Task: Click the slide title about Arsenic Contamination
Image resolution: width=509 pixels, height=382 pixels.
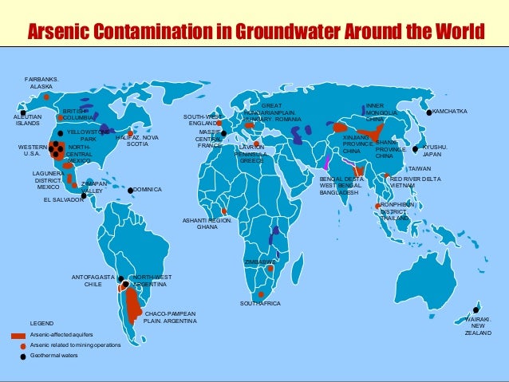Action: [255, 32]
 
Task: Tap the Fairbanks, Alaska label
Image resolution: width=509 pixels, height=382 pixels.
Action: [41, 82]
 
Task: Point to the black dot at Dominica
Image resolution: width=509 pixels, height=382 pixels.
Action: [130, 190]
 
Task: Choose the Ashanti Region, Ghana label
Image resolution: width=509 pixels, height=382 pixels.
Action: [207, 223]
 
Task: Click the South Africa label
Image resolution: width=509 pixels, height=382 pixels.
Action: [260, 304]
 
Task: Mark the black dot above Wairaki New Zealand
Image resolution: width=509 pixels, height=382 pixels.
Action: [476, 309]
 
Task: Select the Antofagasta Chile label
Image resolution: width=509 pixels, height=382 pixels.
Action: [93, 280]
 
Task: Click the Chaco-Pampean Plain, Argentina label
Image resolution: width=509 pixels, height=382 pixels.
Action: [168, 317]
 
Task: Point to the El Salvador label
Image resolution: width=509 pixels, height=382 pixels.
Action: [62, 200]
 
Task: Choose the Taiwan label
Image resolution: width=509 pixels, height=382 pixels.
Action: [420, 169]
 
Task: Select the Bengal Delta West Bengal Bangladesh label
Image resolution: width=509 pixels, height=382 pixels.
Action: [342, 186]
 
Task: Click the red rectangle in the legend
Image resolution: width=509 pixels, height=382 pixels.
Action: [19, 335]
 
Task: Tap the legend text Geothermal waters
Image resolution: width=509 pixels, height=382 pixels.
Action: [54, 356]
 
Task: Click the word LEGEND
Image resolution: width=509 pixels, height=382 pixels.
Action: [41, 323]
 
